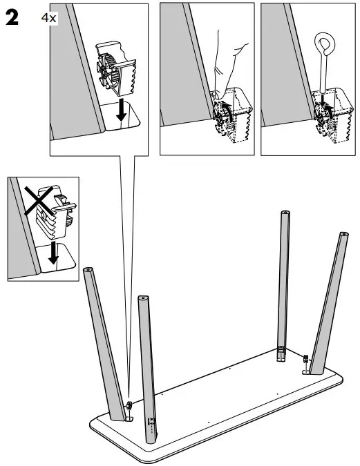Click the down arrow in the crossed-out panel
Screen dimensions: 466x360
pos(53,255)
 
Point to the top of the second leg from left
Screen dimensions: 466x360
pos(143,299)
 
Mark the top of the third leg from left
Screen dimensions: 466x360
pos(283,213)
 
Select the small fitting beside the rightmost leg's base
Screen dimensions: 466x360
pos(305,359)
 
